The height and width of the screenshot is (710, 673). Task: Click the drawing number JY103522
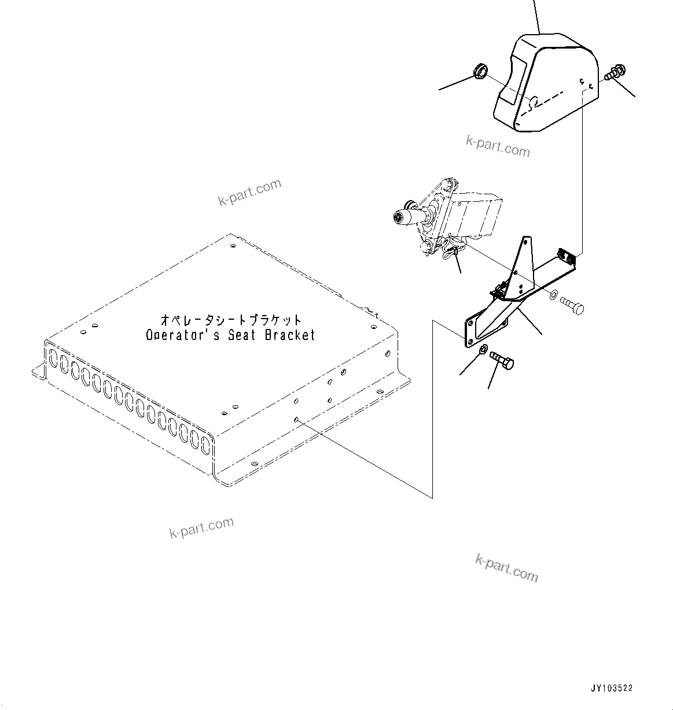[612, 688]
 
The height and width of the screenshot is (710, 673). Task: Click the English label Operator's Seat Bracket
[230, 335]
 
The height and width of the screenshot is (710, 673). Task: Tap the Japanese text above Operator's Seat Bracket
[230, 320]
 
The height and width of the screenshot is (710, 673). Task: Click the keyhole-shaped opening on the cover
[534, 103]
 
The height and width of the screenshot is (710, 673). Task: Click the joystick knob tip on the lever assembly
[398, 217]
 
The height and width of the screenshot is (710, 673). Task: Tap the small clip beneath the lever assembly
[450, 252]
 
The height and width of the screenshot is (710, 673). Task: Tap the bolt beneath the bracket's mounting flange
[502, 360]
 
